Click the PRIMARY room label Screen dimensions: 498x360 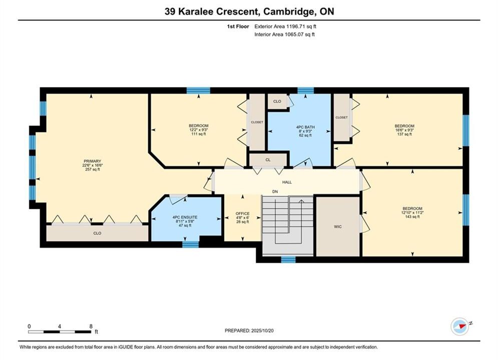[92, 161]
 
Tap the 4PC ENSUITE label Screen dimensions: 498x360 [185, 217]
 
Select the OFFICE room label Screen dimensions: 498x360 [242, 213]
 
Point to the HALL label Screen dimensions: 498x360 [287, 182]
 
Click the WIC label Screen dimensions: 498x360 [338, 226]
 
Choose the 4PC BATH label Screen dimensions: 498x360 [305, 127]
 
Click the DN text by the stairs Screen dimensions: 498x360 [275, 191]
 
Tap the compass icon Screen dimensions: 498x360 [459, 326]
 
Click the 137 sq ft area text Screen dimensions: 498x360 [404, 134]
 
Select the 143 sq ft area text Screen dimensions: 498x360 [412, 217]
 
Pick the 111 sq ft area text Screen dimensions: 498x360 [199, 134]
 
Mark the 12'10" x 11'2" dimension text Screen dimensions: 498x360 [412, 213]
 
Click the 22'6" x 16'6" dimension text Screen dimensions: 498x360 [93, 165]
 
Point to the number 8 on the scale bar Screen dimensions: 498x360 [91, 326]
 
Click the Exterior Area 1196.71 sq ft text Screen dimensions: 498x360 [285, 26]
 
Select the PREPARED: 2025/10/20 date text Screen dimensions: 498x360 [249, 330]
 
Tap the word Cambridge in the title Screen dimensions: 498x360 [288, 11]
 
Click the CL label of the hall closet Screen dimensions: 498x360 [268, 160]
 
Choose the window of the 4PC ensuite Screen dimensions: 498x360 [191, 244]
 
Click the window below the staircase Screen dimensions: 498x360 [288, 259]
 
